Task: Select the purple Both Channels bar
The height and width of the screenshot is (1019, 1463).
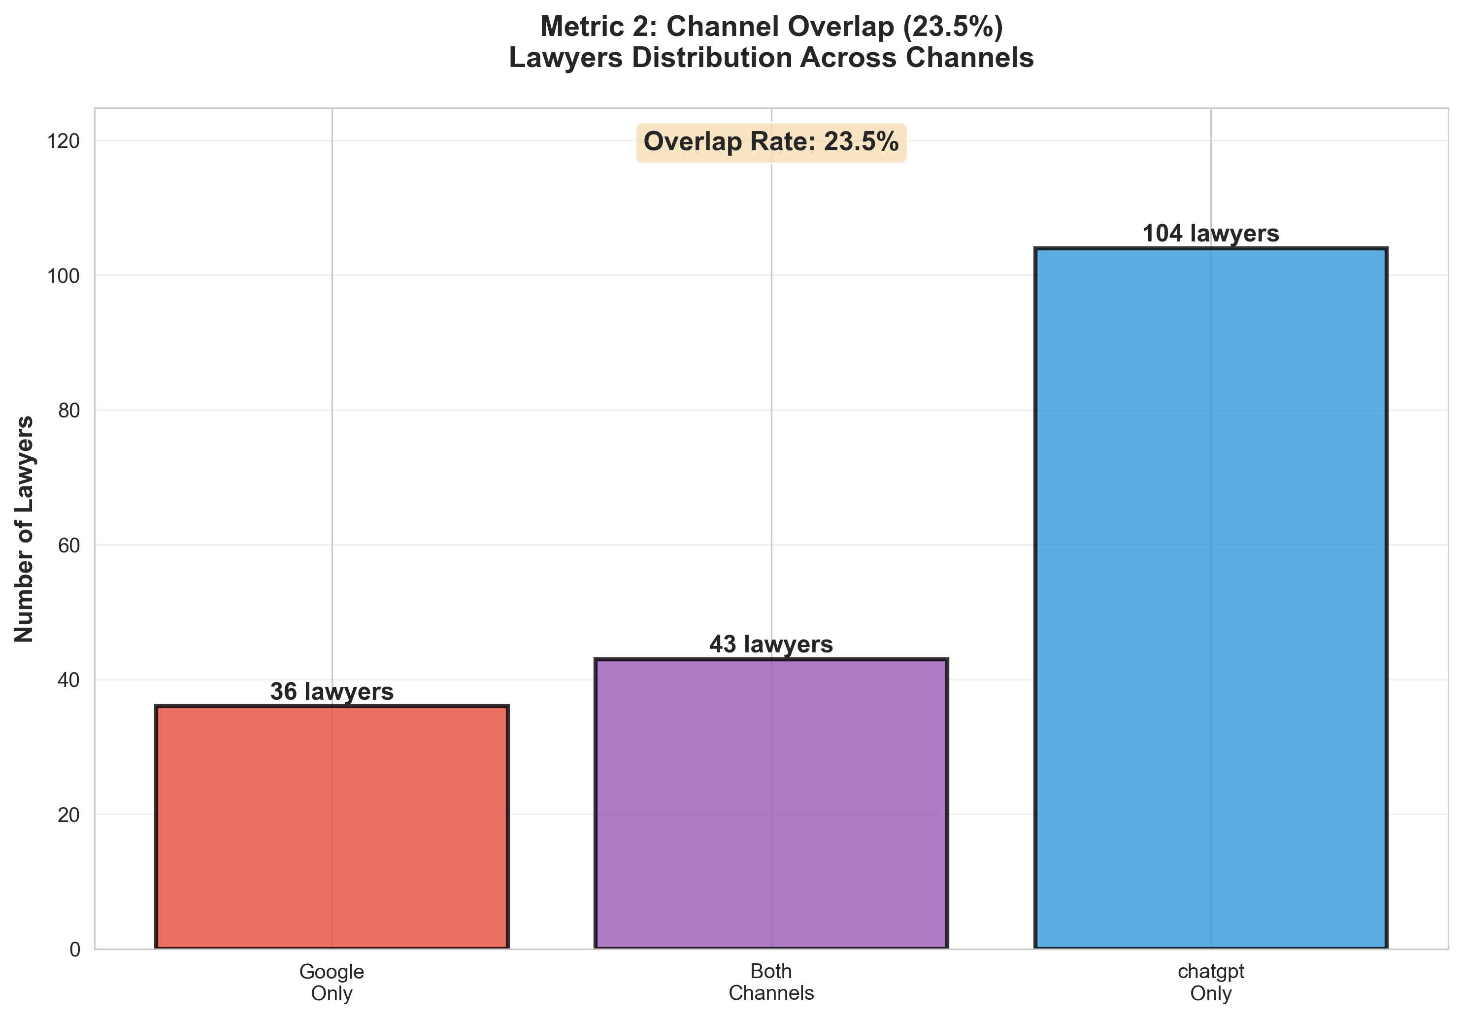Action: [x=771, y=804]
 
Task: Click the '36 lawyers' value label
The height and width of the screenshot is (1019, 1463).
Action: [x=332, y=691]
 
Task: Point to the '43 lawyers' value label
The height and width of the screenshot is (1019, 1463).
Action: [x=771, y=645]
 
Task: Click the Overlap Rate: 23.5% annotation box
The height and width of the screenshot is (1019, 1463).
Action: [x=771, y=141]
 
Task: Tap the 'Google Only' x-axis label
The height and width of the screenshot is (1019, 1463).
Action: [x=332, y=982]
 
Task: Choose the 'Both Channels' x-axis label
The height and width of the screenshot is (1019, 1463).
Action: [x=771, y=982]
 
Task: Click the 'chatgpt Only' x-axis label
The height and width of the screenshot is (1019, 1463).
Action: [x=1211, y=982]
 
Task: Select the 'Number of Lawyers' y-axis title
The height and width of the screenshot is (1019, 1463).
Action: [x=24, y=529]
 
